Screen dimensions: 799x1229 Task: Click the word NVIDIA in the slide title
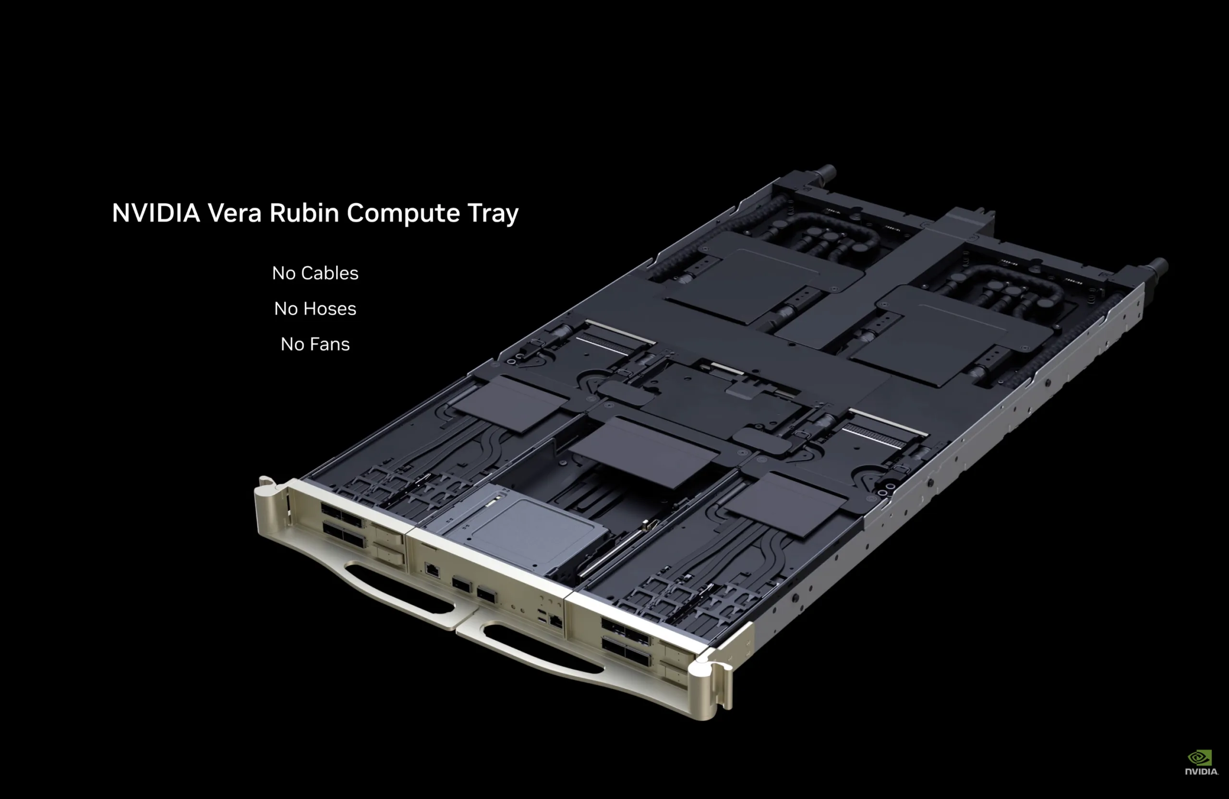pyautogui.click(x=156, y=213)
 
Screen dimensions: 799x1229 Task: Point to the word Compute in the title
pyautogui.click(x=403, y=213)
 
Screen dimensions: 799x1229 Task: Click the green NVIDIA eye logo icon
pyautogui.click(x=1200, y=757)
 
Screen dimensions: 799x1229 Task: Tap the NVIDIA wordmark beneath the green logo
pyautogui.click(x=1201, y=772)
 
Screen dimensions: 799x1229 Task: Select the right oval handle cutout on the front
pyautogui.click(x=542, y=648)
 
